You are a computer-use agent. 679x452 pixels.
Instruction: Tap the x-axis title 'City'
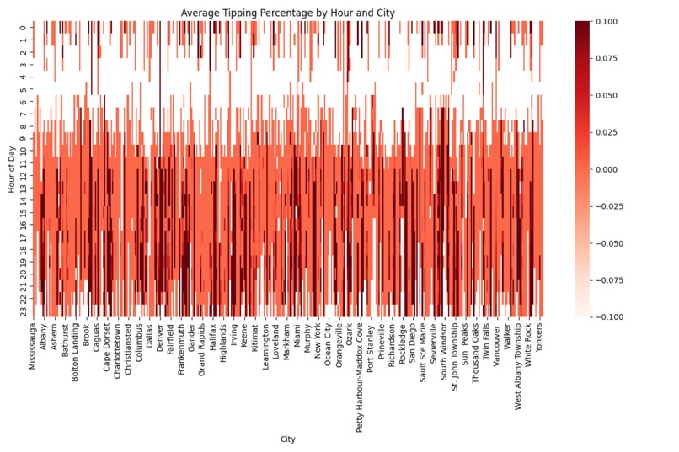tap(288, 439)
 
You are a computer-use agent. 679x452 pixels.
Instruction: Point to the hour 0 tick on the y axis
tap(23, 28)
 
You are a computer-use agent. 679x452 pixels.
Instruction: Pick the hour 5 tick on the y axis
tap(23, 89)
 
